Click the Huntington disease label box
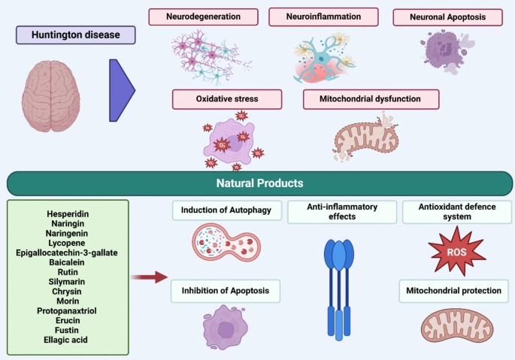pos(75,35)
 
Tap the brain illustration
pos(51,96)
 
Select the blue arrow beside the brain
pos(122,90)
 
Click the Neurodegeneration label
pos(203,17)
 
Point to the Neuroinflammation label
pos(323,17)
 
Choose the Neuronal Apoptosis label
pos(447,17)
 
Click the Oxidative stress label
pos(227,99)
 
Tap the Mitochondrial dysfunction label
pos(371,99)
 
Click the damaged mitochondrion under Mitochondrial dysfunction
pos(366,138)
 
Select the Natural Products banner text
pos(260,183)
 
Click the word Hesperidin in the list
pos(68,214)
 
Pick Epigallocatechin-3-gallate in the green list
pos(67,253)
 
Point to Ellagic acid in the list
pos(65,340)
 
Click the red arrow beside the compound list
pos(149,277)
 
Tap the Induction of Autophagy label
pos(226,210)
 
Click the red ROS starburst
pos(457,251)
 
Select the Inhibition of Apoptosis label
pos(226,291)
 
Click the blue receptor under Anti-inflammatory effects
pos(339,290)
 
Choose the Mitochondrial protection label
pos(453,291)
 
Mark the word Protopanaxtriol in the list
pos(67,310)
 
